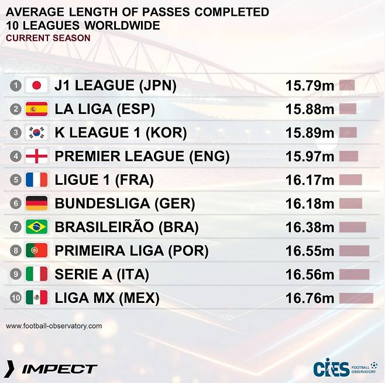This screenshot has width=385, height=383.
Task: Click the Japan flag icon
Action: [36, 86]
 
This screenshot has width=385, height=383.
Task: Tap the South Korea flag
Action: [36, 133]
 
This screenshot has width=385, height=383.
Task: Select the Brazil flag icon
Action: [36, 227]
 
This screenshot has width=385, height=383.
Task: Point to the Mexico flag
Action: [36, 298]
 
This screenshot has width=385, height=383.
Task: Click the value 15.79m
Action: [310, 86]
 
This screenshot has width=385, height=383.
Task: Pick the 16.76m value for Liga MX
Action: [310, 298]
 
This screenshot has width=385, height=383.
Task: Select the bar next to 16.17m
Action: [350, 180]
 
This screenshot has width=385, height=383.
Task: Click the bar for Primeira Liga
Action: [354, 251]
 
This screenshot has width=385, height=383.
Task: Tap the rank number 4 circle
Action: [16, 157]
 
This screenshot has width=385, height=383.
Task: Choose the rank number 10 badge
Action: [16, 298]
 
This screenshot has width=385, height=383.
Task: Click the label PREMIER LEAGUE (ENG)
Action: [142, 157]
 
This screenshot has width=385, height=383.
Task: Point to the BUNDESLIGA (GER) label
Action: [125, 203]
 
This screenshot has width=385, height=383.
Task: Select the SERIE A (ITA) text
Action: [102, 274]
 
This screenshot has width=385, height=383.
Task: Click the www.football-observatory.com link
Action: [54, 326]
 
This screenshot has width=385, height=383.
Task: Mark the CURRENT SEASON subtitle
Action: [48, 38]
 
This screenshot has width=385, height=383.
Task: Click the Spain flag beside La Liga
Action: [36, 109]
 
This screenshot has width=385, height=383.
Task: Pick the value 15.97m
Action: [310, 157]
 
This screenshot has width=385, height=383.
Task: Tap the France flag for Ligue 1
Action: [36, 180]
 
